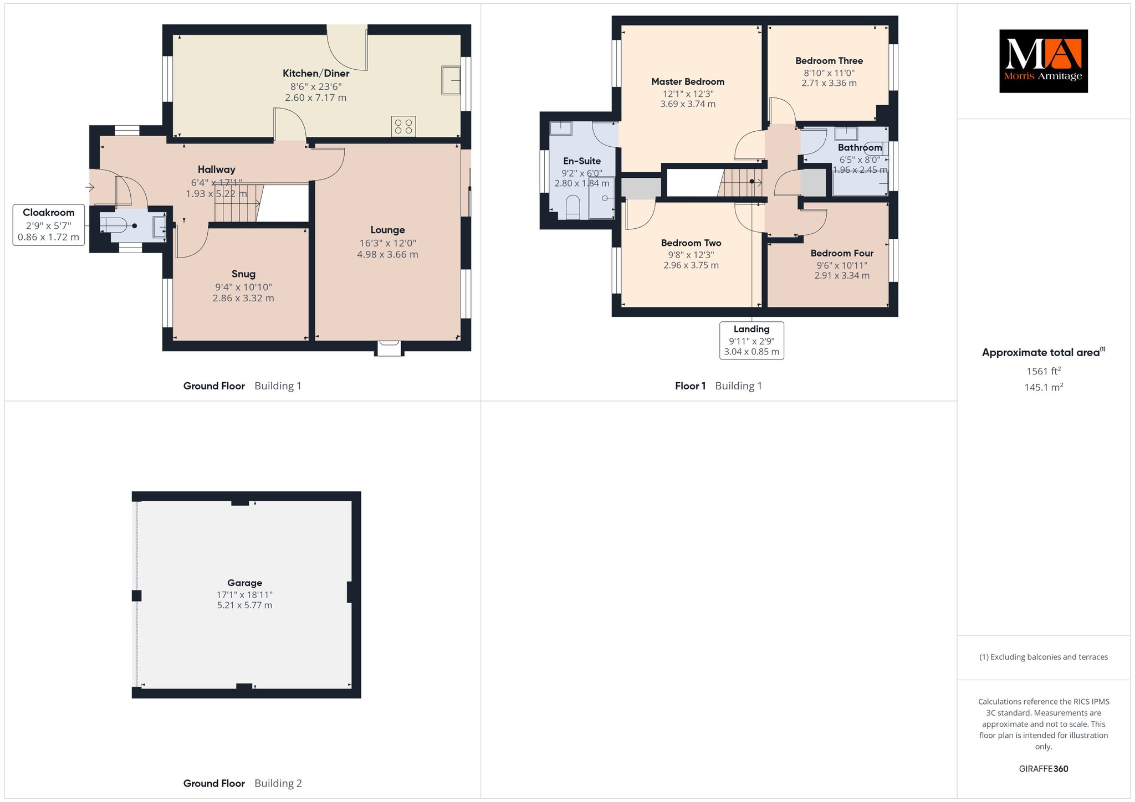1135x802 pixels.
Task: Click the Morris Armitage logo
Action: (x=1043, y=61)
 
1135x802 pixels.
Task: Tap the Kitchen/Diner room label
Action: (x=316, y=74)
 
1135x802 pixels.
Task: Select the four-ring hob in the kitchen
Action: (x=403, y=126)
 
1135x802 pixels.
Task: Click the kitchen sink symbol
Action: (x=451, y=80)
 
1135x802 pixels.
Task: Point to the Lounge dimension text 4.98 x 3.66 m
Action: (x=387, y=255)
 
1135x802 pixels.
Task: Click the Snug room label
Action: (x=243, y=274)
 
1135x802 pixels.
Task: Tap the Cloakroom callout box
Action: (x=49, y=225)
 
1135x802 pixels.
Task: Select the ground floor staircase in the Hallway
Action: (x=238, y=203)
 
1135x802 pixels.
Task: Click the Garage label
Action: (x=244, y=583)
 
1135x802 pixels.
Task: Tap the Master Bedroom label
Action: (x=688, y=82)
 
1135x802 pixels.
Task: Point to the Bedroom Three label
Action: (x=829, y=61)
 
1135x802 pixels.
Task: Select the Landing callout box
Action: (x=751, y=341)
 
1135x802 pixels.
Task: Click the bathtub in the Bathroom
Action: (x=860, y=183)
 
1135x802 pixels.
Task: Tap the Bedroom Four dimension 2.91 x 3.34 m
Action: (x=842, y=275)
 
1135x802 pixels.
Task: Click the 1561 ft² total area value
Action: (x=1044, y=371)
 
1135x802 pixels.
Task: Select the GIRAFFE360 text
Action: (x=1044, y=769)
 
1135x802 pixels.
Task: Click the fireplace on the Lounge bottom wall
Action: (x=390, y=348)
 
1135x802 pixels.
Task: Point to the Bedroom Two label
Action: (x=691, y=243)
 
